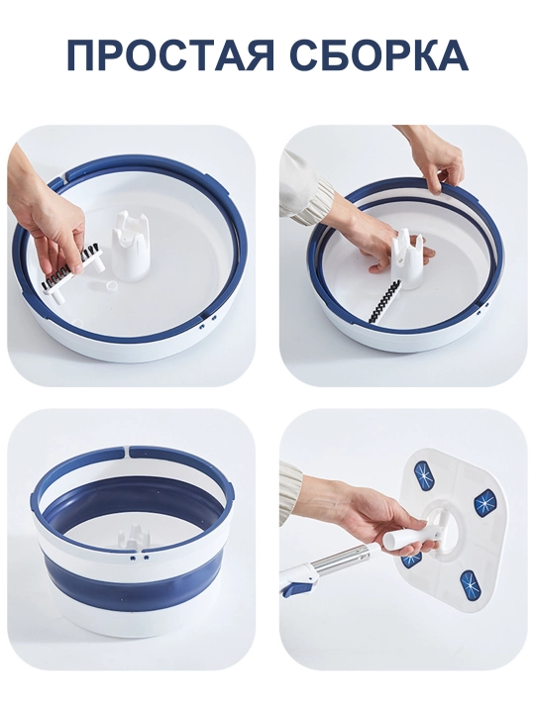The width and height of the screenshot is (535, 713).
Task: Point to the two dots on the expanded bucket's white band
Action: pyautogui.click(x=140, y=557)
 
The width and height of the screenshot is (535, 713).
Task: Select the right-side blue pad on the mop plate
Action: pyautogui.click(x=486, y=501)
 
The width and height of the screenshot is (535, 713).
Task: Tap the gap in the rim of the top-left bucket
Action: pyautogui.click(x=67, y=177)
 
